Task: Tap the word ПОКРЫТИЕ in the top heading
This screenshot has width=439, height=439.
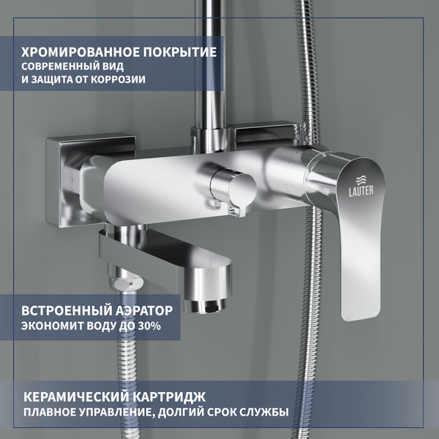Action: pos(179,53)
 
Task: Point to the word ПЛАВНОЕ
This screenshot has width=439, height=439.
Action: pos(50,412)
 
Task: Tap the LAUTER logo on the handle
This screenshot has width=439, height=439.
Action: pos(359,185)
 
